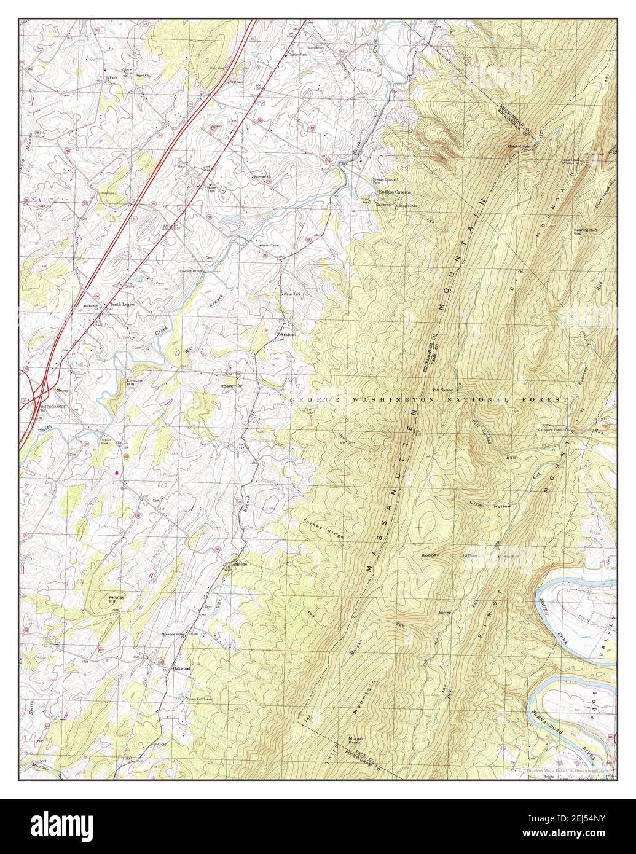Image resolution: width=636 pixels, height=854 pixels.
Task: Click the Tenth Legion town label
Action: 122,304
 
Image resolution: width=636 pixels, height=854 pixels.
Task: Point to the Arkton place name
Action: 288,334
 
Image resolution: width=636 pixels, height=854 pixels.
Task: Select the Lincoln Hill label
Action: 135,382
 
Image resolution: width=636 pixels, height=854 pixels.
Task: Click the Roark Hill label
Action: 232,385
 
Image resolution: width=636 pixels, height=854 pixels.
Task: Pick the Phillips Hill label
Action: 117,599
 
